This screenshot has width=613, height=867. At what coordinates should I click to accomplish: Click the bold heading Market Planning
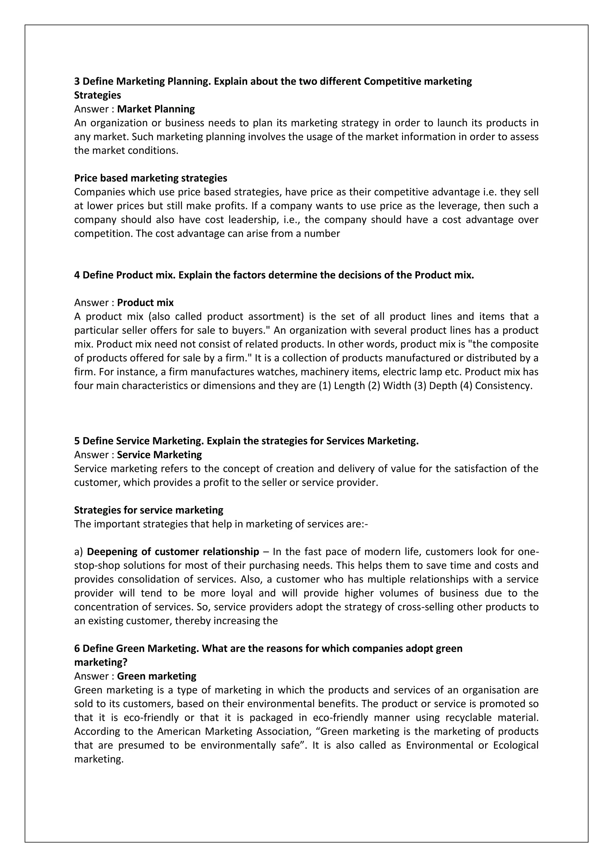(x=156, y=109)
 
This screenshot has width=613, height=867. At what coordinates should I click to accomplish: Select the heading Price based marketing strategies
(x=151, y=178)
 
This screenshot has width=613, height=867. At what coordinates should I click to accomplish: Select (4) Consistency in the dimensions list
(x=496, y=386)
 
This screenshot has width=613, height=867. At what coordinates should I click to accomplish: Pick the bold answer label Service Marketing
(x=159, y=455)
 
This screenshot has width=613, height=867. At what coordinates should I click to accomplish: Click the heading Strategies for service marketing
(x=149, y=510)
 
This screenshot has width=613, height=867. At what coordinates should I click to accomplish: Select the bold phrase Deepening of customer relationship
(x=173, y=552)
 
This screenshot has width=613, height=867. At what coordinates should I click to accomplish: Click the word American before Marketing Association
(x=179, y=731)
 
